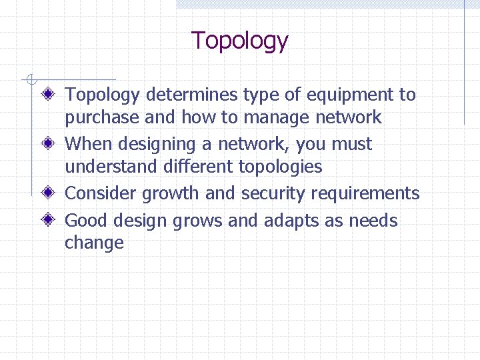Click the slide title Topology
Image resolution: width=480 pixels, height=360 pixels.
(239, 41)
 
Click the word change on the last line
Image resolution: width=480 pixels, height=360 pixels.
(94, 243)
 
